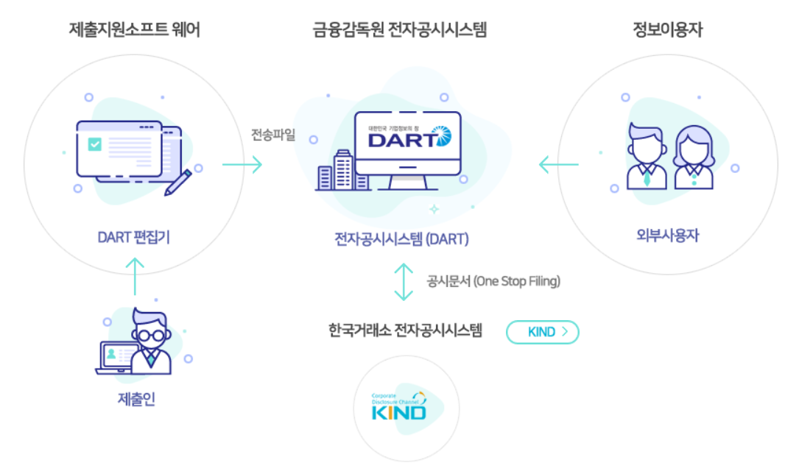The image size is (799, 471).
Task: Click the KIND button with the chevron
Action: (542, 332)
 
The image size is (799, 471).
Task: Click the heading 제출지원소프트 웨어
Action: (134, 30)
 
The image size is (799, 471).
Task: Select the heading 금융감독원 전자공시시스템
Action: (399, 30)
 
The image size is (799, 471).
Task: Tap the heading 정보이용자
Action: (667, 30)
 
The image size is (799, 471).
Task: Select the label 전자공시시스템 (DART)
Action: (400, 239)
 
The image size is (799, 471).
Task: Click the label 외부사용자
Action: (667, 235)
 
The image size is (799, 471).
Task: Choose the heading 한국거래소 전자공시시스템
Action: (405, 330)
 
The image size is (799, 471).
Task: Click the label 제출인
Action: (136, 400)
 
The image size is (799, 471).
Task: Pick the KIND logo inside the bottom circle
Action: (398, 406)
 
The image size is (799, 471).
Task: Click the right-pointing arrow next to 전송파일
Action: (242, 165)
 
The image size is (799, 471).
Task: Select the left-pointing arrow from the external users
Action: (558, 165)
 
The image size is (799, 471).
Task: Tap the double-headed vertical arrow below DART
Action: (404, 283)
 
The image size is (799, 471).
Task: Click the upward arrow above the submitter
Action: (135, 276)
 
